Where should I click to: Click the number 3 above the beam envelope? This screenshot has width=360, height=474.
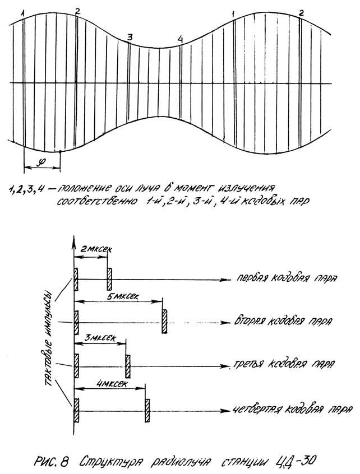(130, 37)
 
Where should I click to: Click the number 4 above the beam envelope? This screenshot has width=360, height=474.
(179, 38)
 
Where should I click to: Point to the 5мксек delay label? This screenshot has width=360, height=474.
(119, 295)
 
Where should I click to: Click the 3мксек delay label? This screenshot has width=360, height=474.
(99, 338)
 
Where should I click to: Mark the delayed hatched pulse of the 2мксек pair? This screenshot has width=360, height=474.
(110, 276)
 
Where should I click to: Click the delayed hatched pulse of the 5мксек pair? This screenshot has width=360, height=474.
(164, 321)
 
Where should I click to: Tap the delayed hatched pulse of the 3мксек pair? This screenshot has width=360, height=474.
(128, 364)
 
